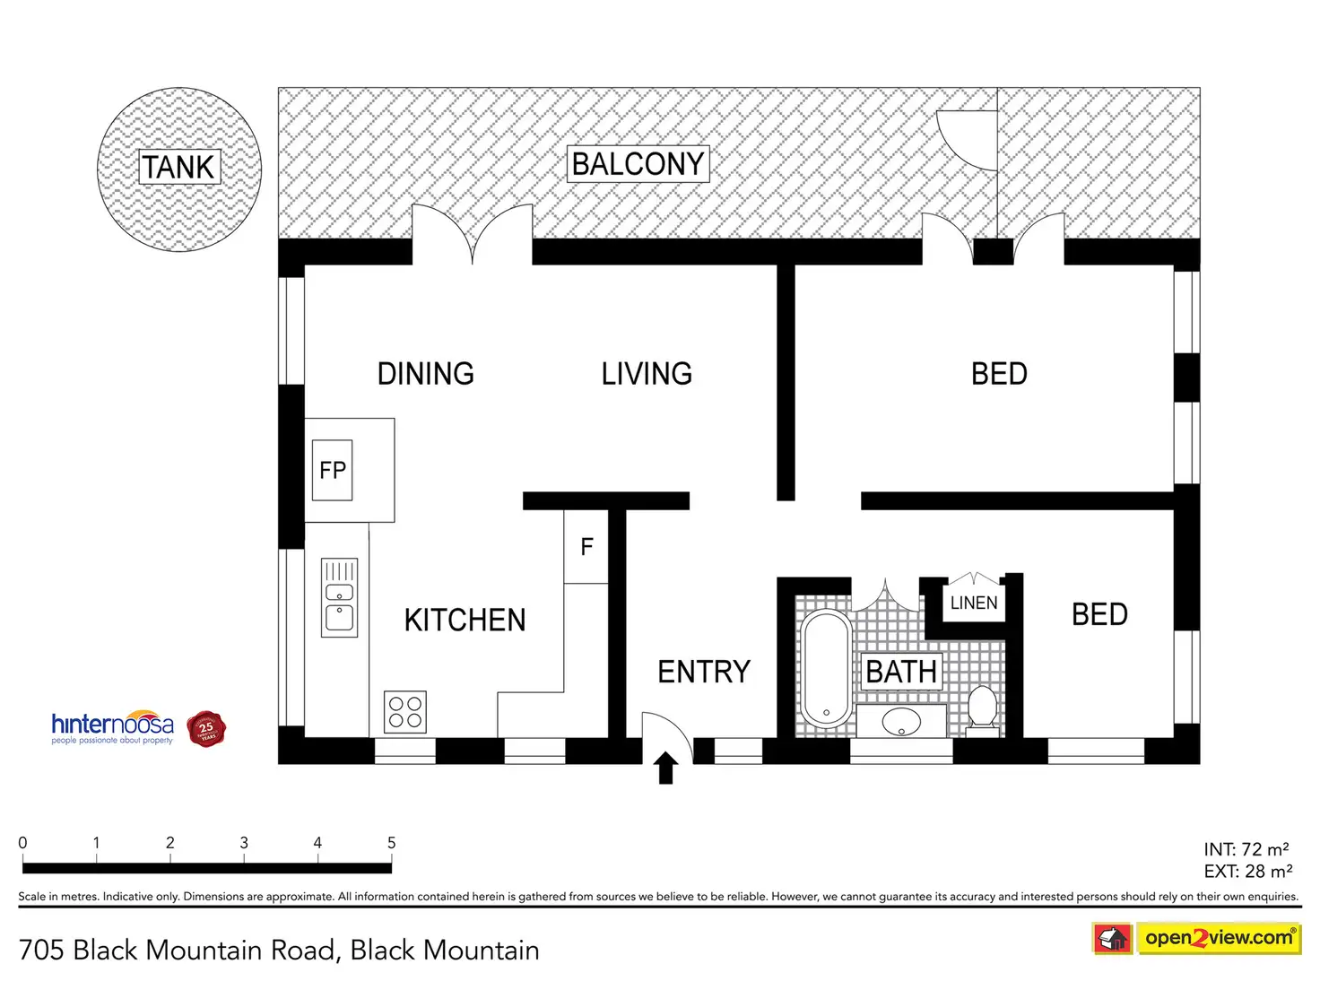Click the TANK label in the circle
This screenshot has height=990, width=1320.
tap(179, 167)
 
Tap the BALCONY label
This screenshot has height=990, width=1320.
tap(638, 164)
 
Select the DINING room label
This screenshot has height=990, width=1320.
tap(425, 374)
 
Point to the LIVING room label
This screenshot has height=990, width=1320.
tap(647, 374)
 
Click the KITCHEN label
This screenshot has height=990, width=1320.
tap(465, 620)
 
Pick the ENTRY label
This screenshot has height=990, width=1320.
tap(704, 672)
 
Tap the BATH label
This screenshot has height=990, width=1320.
tap(901, 672)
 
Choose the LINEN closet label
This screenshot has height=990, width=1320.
tap(974, 603)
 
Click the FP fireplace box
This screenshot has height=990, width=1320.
tap(332, 470)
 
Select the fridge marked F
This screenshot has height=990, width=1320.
tap(586, 547)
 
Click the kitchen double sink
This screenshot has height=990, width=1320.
tap(340, 598)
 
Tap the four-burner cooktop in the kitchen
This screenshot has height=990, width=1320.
tap(405, 712)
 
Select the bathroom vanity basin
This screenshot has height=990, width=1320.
tap(901, 721)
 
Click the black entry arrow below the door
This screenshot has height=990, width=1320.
tap(665, 769)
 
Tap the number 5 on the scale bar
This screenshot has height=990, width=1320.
tap(391, 843)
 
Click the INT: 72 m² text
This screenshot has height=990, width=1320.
tap(1246, 849)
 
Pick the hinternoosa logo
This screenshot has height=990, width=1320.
tap(113, 726)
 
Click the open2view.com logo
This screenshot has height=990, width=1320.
tap(1218, 938)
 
